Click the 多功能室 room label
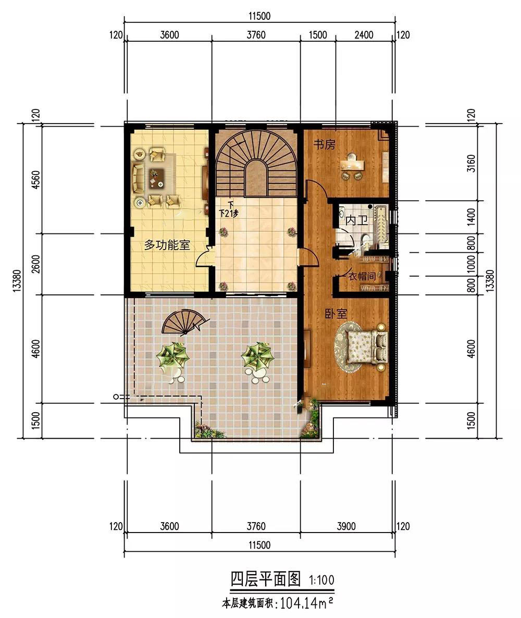pos(167,245)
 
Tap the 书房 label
pos(325,145)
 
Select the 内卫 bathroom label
pos(357,220)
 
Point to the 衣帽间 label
pos(362,276)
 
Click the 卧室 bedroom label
pos(336,314)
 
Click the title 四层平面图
pos(266,579)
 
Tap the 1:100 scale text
pos(321,580)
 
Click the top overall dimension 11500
pos(259,16)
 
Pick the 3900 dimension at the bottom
pos(346,526)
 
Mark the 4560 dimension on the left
pos(36,180)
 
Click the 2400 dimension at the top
pos(364,35)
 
